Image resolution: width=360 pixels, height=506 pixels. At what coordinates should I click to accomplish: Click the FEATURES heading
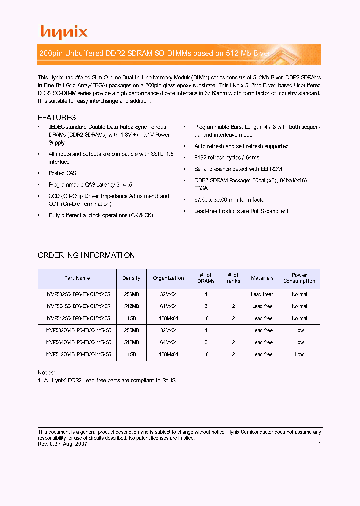click(57, 118)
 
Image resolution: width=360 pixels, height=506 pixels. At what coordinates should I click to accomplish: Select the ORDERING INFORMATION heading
click(86, 255)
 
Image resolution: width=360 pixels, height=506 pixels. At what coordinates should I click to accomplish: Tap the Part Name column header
click(77, 278)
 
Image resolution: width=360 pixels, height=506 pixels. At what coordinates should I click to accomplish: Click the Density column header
click(131, 278)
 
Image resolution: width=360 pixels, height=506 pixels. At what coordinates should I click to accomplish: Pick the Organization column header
click(168, 278)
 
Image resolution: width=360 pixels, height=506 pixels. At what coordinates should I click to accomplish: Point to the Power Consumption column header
click(299, 278)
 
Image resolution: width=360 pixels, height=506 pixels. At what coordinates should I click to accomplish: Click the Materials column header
click(262, 278)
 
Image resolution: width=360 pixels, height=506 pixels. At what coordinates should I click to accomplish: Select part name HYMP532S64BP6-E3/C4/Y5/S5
click(77, 294)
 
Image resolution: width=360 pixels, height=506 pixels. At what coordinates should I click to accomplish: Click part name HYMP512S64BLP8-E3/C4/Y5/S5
click(77, 354)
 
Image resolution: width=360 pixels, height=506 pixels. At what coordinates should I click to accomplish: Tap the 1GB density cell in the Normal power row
click(131, 318)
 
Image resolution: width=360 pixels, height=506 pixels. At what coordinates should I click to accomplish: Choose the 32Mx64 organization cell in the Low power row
click(168, 330)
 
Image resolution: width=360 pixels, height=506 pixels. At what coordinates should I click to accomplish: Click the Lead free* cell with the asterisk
click(262, 294)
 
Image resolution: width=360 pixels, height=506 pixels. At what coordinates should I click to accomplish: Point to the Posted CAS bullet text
click(63, 173)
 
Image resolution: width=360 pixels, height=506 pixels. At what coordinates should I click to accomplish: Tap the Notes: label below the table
click(47, 373)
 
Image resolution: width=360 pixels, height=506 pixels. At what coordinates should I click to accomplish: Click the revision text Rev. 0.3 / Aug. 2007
click(63, 444)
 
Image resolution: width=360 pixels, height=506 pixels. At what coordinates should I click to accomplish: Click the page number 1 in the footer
click(319, 444)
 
